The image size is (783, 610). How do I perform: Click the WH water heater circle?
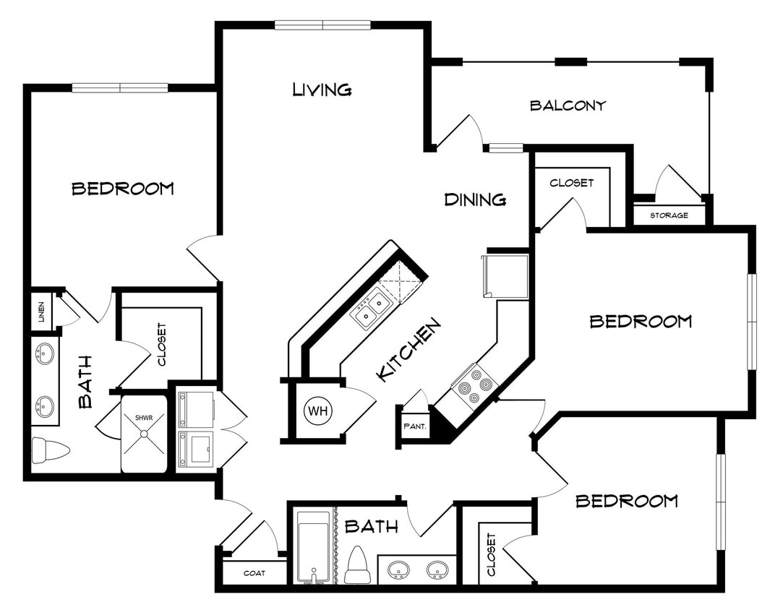(x=318, y=411)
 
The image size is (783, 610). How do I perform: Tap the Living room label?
(x=322, y=90)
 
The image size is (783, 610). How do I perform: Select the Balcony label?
(x=568, y=106)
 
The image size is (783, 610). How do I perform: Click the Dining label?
(x=474, y=199)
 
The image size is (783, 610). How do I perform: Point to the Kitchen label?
(x=408, y=351)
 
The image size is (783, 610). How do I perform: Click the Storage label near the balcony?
(x=669, y=215)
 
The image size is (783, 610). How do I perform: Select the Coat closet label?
(x=254, y=573)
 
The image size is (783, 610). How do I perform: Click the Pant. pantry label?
(x=415, y=426)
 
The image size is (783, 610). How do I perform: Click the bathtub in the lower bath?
(x=314, y=546)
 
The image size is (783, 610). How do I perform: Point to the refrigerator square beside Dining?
(x=507, y=275)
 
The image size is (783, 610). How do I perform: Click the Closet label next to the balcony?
(x=571, y=183)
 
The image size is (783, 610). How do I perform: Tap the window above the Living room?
(x=322, y=25)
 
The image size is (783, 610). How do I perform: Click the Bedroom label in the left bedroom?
(x=123, y=189)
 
